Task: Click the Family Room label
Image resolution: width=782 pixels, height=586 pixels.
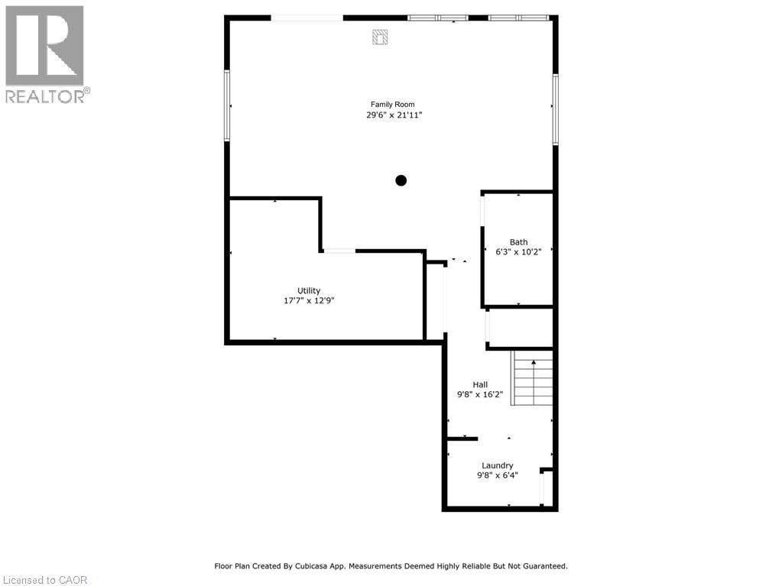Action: click(x=393, y=105)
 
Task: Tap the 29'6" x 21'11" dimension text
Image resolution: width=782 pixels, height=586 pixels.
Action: click(x=394, y=115)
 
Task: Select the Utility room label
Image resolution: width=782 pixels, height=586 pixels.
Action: click(x=309, y=290)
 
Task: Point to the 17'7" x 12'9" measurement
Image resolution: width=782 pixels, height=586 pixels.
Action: click(x=309, y=301)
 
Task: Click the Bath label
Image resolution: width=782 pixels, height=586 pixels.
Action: click(x=518, y=242)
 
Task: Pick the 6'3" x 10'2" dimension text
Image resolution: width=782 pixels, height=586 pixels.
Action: click(x=518, y=252)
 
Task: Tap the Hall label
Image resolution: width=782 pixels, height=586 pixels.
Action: click(x=479, y=385)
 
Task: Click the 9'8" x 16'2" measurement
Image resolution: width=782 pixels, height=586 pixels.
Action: click(x=479, y=395)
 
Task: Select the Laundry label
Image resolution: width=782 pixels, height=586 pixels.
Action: click(x=497, y=466)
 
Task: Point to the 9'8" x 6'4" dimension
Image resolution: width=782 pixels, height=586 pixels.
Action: click(x=497, y=476)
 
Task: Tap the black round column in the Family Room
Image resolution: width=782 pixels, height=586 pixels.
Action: click(x=401, y=181)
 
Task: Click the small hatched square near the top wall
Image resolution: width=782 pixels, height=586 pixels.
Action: click(x=380, y=37)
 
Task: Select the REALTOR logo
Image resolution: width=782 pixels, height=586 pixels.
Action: click(x=45, y=53)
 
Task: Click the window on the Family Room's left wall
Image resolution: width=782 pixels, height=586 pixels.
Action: click(x=227, y=106)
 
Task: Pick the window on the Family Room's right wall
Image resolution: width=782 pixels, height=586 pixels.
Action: click(x=556, y=108)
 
